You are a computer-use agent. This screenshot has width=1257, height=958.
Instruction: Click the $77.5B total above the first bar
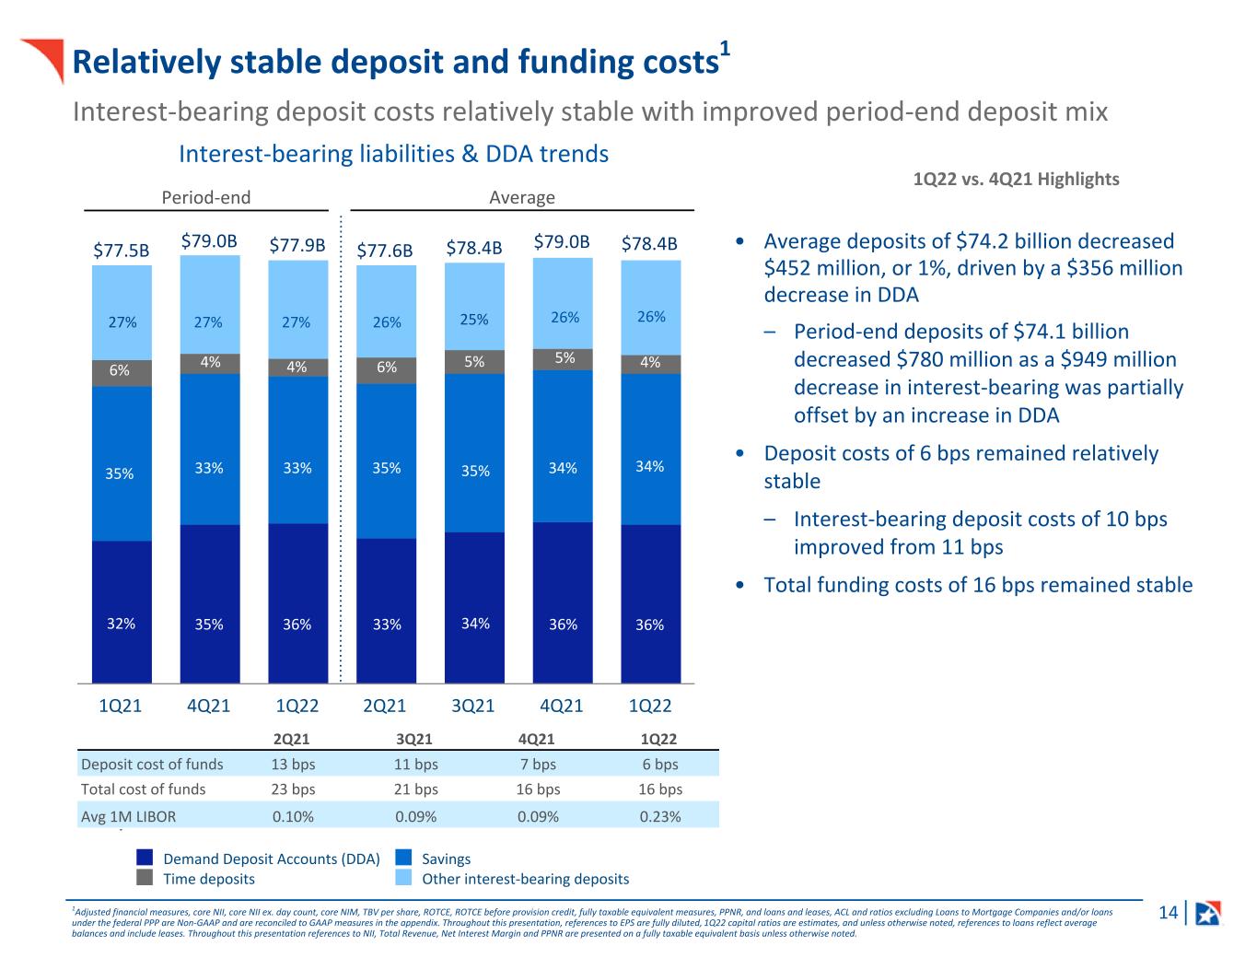121,251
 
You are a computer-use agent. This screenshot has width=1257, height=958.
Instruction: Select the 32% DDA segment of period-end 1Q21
122,612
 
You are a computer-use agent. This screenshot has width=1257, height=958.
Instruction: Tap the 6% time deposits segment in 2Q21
386,370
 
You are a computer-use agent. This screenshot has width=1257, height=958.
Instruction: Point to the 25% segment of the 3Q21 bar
474,307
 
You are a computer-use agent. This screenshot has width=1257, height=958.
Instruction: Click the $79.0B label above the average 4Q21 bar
561,241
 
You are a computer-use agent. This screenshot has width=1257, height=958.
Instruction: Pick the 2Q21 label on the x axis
384,706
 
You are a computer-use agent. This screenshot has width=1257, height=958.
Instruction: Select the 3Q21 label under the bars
472,706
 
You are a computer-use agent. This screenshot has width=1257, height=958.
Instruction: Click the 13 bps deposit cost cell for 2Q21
293,764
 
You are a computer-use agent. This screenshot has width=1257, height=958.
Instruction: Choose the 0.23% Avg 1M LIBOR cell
659,816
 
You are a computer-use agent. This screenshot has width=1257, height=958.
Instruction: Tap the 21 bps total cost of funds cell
415,789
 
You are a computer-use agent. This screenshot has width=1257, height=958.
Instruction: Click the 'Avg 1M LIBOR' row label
128,816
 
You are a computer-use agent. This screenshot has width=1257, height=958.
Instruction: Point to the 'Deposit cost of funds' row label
152,764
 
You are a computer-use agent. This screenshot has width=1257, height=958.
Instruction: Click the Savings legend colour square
403,858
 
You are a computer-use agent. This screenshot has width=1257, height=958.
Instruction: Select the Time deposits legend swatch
145,877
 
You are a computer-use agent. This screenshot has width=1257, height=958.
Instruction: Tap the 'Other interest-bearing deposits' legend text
525,879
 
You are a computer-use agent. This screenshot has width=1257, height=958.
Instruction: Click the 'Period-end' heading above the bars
205,197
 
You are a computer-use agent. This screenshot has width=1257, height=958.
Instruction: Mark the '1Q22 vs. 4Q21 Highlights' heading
1016,180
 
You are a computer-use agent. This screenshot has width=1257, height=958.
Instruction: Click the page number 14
1168,912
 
